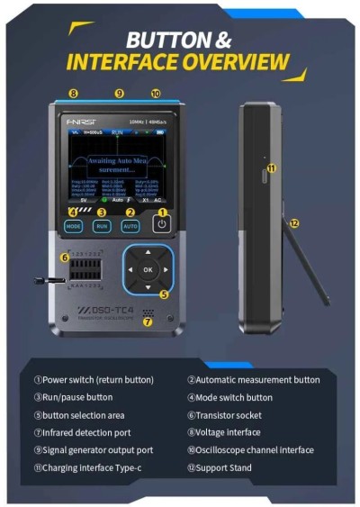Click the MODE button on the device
pos(73,226)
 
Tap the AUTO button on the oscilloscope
pos(130,226)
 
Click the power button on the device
pos(162,225)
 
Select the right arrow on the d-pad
pos(166,269)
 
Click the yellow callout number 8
pos(74,93)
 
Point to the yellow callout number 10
pos(156,93)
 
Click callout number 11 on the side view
pos(271,167)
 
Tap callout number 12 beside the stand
pos(294,222)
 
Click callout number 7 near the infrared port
pos(148,321)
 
